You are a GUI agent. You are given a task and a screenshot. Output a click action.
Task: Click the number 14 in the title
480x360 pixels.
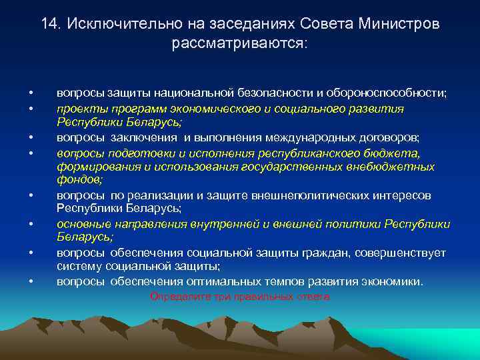(x=49, y=23)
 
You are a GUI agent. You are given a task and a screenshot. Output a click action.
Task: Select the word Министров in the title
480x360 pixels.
(x=399, y=23)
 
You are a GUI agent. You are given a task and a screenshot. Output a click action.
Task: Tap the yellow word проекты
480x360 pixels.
(x=77, y=108)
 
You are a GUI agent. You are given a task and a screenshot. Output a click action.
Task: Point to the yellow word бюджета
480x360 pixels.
(x=413, y=152)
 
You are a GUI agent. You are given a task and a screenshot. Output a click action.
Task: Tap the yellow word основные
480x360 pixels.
(x=81, y=225)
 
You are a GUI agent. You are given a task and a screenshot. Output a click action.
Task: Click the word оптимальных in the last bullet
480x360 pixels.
(x=237, y=281)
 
